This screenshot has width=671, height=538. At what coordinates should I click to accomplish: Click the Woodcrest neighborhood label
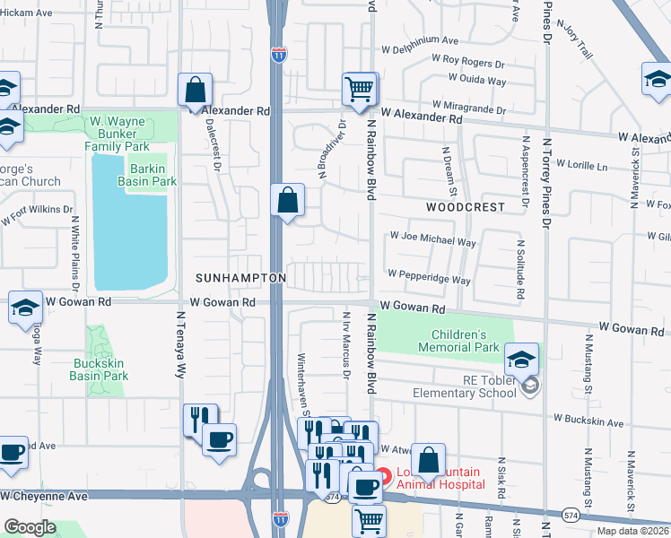(x=465, y=207)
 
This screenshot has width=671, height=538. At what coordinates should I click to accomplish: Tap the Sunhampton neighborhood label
(x=240, y=279)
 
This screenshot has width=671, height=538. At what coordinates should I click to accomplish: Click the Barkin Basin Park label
(x=146, y=174)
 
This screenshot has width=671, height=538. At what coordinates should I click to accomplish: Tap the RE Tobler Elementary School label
(x=463, y=386)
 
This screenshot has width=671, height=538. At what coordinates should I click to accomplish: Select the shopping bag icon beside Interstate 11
(x=288, y=201)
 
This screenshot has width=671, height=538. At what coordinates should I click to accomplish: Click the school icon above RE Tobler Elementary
(x=521, y=360)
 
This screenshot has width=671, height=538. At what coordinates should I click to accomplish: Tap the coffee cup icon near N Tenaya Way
(x=219, y=440)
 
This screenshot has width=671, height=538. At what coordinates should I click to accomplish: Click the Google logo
(x=30, y=527)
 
